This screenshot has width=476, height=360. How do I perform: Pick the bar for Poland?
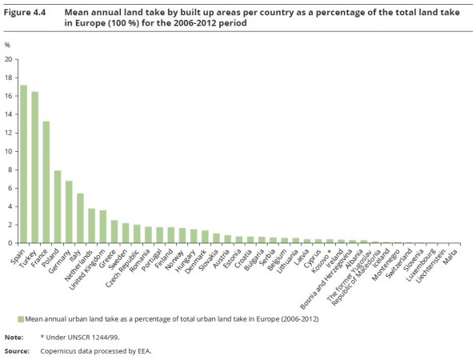pyautogui.click(x=58, y=206)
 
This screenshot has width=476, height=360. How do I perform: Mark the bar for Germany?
pyautogui.click(x=70, y=212)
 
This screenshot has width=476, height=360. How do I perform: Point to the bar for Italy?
pyautogui.click(x=81, y=218)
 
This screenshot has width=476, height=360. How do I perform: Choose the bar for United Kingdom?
pyautogui.click(x=103, y=226)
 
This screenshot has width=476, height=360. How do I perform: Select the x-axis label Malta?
pyautogui.click(x=458, y=255)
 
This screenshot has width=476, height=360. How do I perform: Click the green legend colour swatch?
pyautogui.click(x=21, y=318)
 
